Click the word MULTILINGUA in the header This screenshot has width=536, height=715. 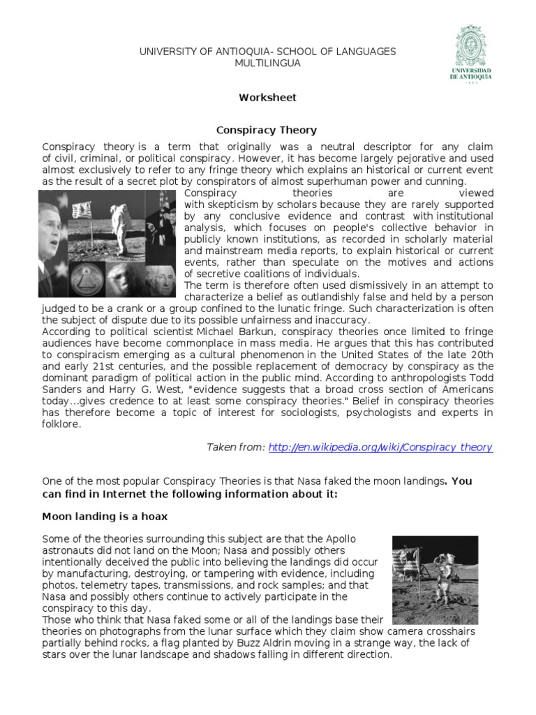267,63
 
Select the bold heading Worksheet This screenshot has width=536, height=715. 268,98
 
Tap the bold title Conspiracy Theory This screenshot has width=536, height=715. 267,130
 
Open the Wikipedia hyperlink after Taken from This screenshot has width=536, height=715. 380,448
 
